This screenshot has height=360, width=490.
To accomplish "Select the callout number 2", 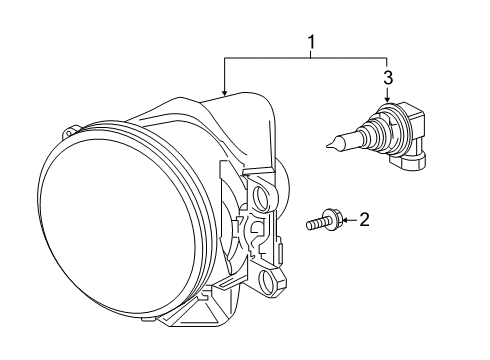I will click(x=365, y=219).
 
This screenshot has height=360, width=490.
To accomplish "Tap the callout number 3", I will click(x=388, y=76).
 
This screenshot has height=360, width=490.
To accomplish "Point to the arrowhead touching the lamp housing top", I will click(x=226, y=93).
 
